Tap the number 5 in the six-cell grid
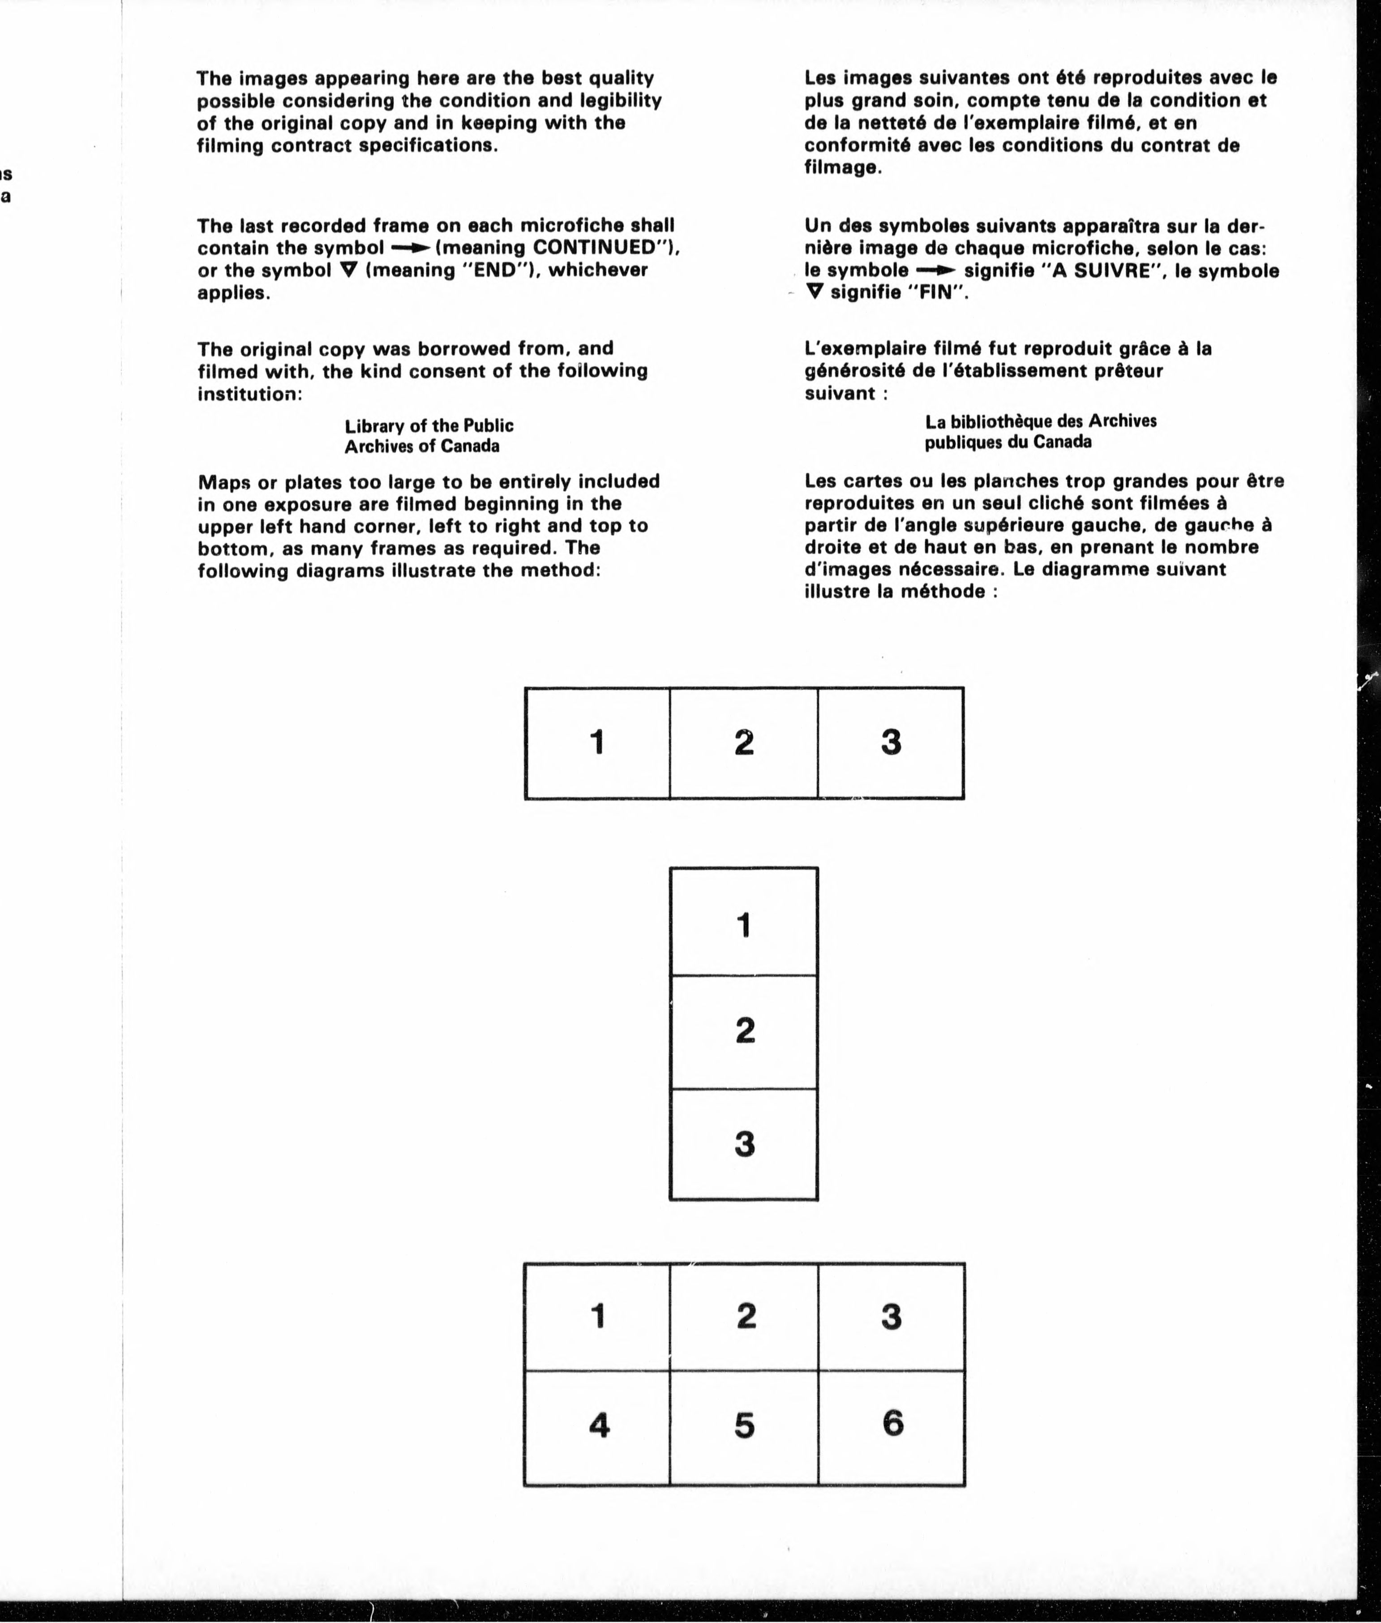(x=745, y=1425)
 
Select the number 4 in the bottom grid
(x=599, y=1425)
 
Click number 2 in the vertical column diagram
(x=745, y=1030)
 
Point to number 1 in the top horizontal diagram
(x=597, y=742)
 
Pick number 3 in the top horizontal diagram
(x=891, y=742)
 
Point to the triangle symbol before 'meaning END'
(x=349, y=270)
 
